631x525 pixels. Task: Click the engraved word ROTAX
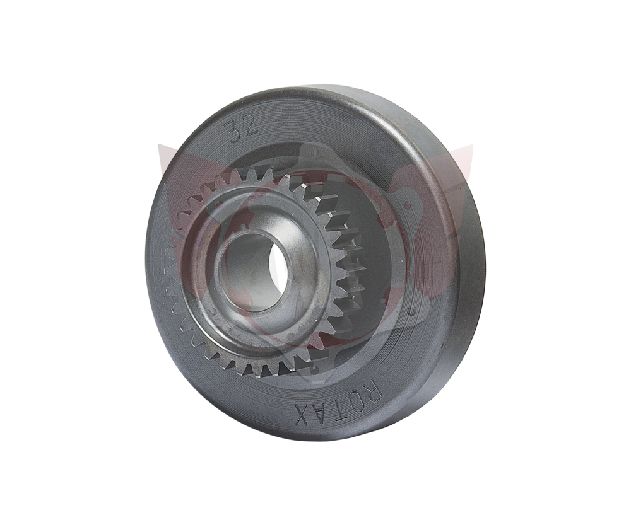338,402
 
